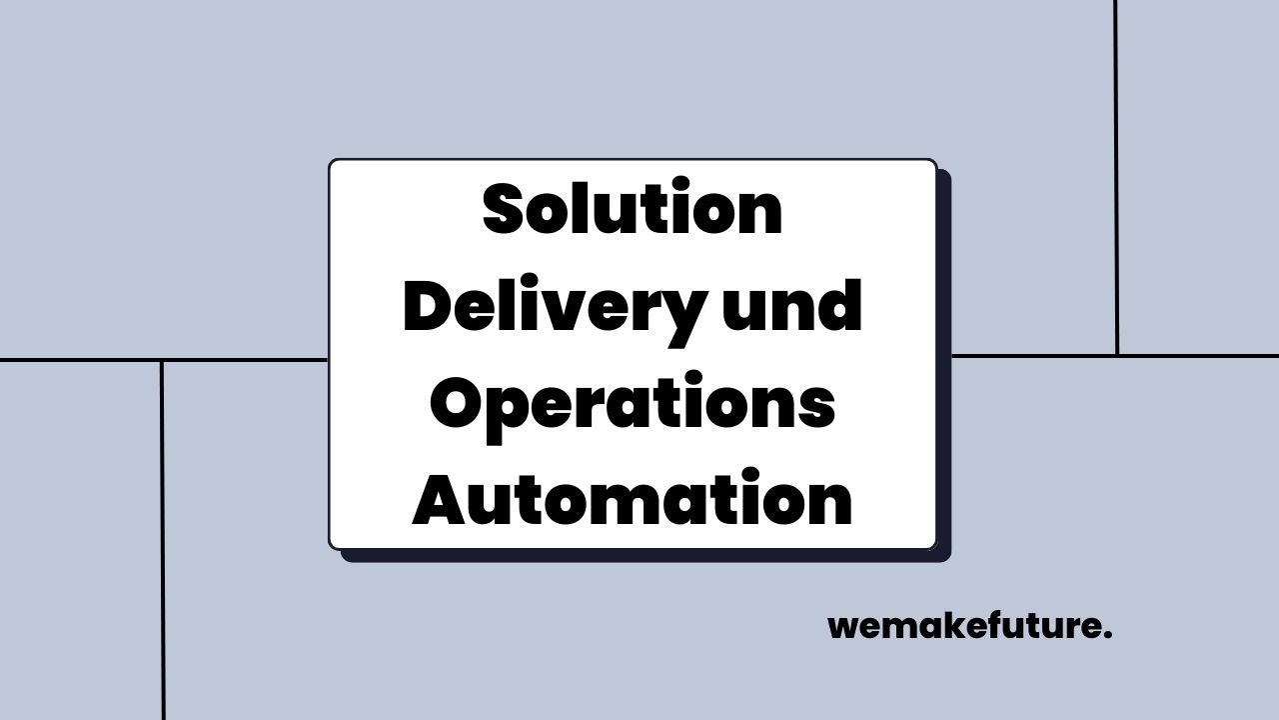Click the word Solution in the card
632,211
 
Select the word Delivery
550,308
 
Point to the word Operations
632,406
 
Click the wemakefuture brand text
964,627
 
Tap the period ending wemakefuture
1108,636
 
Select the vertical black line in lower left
162,540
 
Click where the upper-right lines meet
1117,355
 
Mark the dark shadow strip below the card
644,556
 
